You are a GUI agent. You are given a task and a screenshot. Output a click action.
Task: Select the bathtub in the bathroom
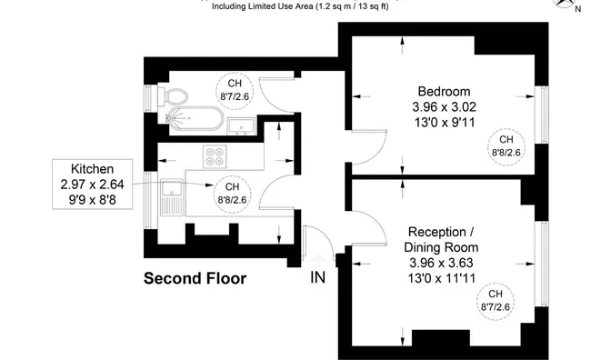click(x=193, y=117)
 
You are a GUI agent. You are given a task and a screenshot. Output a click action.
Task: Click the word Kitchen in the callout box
click(x=91, y=168)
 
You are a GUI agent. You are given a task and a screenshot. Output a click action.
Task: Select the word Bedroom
click(x=444, y=91)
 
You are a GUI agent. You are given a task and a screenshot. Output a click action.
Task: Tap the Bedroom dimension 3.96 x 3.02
click(x=444, y=106)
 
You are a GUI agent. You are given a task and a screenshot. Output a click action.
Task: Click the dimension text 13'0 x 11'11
click(x=444, y=279)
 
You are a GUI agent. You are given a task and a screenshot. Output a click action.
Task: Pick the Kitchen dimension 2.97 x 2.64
click(x=91, y=184)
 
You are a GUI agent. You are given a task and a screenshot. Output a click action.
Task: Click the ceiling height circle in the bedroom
click(x=506, y=145)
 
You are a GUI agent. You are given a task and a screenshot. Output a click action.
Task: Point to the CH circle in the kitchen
click(x=233, y=192)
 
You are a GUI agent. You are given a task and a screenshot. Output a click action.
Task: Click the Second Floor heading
click(x=195, y=278)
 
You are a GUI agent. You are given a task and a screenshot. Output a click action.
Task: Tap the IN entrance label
click(x=318, y=277)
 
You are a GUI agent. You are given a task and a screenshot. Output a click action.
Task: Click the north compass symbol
click(x=583, y=7)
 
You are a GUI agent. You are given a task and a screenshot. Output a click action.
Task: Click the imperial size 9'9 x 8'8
click(x=91, y=199)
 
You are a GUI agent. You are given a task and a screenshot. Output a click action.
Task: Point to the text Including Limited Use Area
click(x=263, y=7)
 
